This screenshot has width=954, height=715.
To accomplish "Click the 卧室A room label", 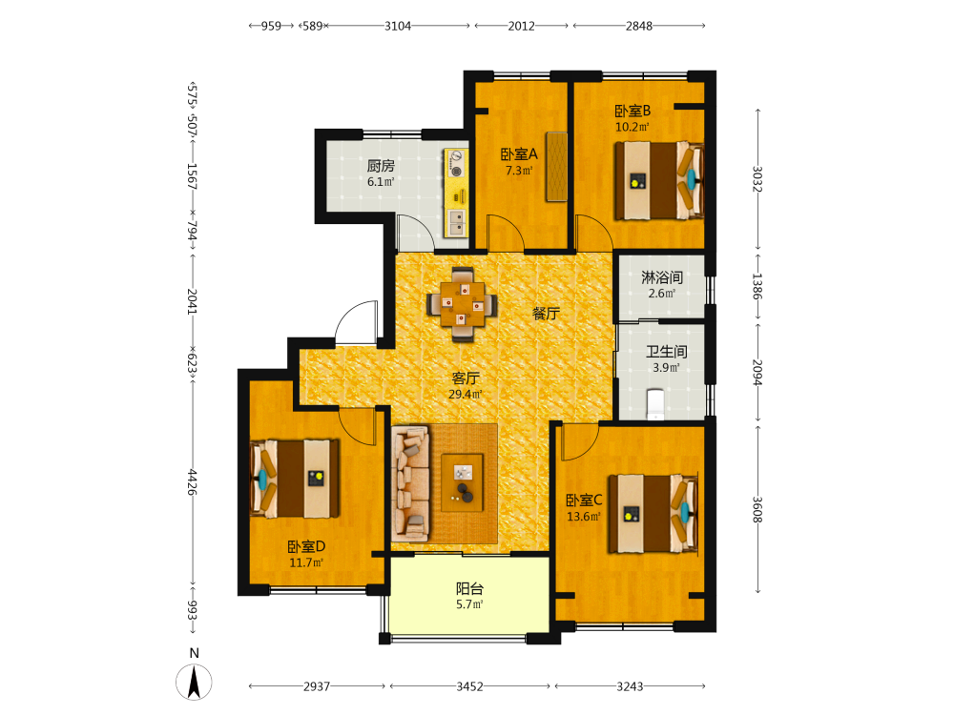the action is (519, 154).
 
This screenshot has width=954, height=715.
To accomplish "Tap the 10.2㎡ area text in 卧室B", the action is (633, 127).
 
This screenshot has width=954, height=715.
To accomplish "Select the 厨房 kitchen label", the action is (381, 165).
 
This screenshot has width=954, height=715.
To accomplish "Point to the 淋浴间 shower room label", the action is (662, 277).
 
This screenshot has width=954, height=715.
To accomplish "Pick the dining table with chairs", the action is (463, 303).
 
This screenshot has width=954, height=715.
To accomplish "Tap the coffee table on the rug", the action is (463, 482).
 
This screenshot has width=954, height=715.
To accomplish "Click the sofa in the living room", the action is (410, 483).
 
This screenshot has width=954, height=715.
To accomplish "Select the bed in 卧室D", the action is (295, 479).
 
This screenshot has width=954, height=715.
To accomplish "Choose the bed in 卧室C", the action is (653, 514).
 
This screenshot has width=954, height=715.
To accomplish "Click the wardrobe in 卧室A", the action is (557, 167).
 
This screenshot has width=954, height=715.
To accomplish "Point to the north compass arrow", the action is (194, 682).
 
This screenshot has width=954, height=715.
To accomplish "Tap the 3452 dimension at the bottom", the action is (469, 686).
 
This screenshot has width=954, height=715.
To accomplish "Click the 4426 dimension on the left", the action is (193, 481).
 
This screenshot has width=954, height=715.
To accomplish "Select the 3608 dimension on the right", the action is (757, 509).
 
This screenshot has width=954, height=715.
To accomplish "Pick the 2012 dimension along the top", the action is (522, 26).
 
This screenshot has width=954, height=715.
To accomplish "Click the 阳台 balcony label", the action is (469, 588).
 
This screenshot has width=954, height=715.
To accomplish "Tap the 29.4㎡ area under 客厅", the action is (466, 395).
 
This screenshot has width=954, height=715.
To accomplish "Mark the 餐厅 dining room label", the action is (546, 313).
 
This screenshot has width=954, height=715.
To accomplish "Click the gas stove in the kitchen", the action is (455, 164).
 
